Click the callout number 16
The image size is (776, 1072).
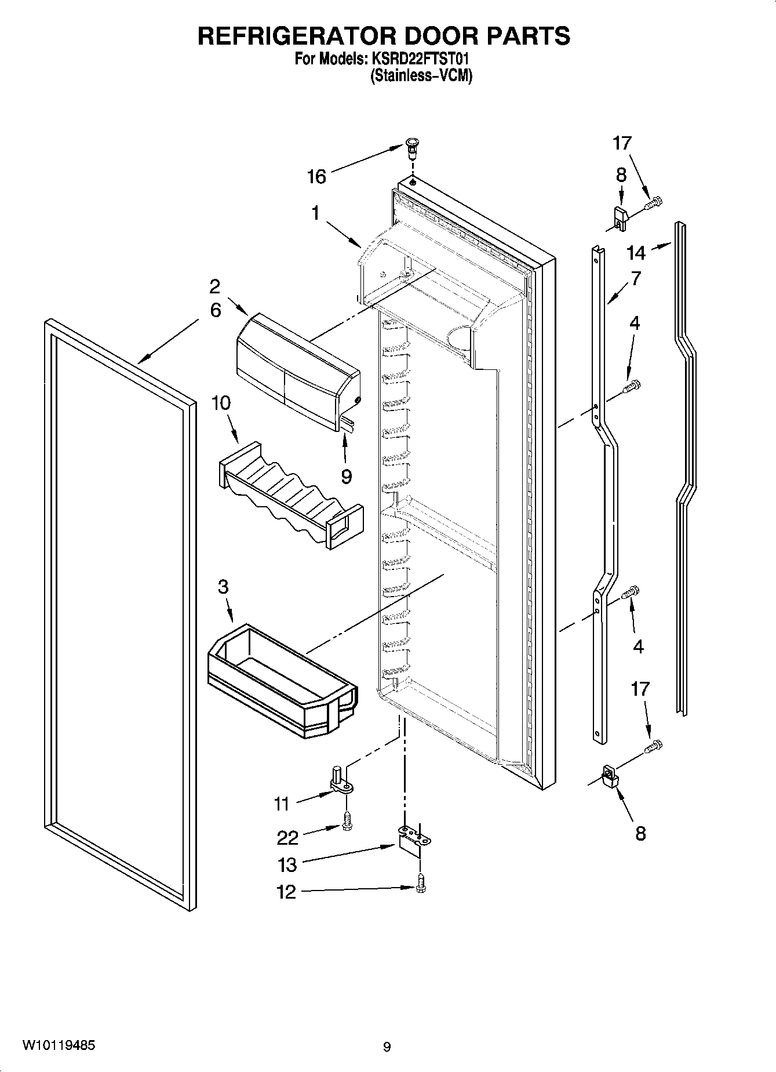pyautogui.click(x=316, y=176)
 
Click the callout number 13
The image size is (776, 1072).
pyautogui.click(x=287, y=864)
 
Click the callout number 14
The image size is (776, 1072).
pyautogui.click(x=636, y=253)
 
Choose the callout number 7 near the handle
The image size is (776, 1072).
pyautogui.click(x=636, y=279)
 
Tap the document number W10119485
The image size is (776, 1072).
pyautogui.click(x=59, y=1045)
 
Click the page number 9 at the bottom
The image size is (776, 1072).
pyautogui.click(x=387, y=1047)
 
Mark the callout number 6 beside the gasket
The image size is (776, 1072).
pyautogui.click(x=215, y=311)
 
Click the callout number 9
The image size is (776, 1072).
pyautogui.click(x=346, y=476)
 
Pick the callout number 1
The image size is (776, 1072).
pyautogui.click(x=315, y=213)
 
